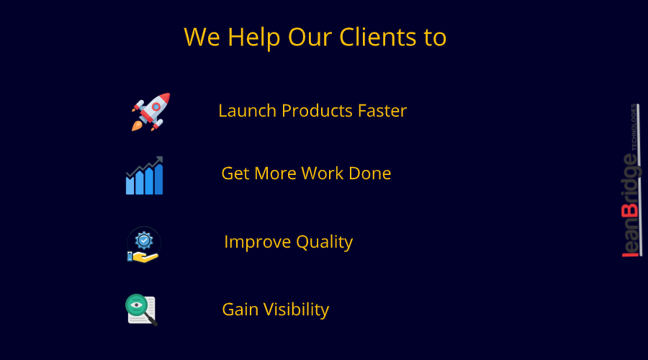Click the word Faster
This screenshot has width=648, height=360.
point(382,111)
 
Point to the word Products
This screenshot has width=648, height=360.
point(317,111)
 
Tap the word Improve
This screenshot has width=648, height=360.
point(256,242)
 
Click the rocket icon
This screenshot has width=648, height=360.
point(150,112)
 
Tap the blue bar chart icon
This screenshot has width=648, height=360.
point(145,176)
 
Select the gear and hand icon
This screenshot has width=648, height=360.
point(143,245)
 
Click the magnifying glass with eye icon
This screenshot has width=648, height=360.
point(141,310)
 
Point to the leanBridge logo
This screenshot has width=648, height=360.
point(630,180)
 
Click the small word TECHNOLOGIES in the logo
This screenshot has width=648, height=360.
point(634,127)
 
